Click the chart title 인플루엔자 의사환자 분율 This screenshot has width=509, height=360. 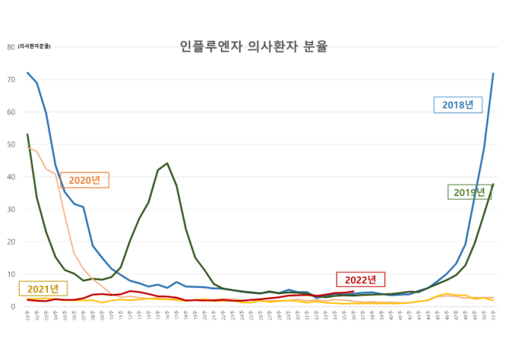click(x=254, y=46)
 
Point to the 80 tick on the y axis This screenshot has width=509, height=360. click(x=10, y=47)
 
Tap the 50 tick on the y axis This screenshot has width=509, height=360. click(x=10, y=144)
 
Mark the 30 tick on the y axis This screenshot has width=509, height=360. click(x=10, y=210)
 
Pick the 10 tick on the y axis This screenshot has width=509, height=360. click(x=10, y=274)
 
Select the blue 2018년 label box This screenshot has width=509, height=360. click(x=458, y=104)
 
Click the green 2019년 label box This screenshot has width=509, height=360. click(x=469, y=192)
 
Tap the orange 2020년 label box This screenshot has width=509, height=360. click(x=85, y=180)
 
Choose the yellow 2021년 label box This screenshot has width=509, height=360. click(x=43, y=289)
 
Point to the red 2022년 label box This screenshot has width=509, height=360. click(x=360, y=279)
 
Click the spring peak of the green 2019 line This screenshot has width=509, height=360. click(x=167, y=163)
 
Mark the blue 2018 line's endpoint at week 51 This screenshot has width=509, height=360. click(x=493, y=73)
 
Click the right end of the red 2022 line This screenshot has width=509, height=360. click(x=353, y=292)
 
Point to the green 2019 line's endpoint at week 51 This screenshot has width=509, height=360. click(x=493, y=184)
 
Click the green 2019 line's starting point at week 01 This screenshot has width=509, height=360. click(x=28, y=135)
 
